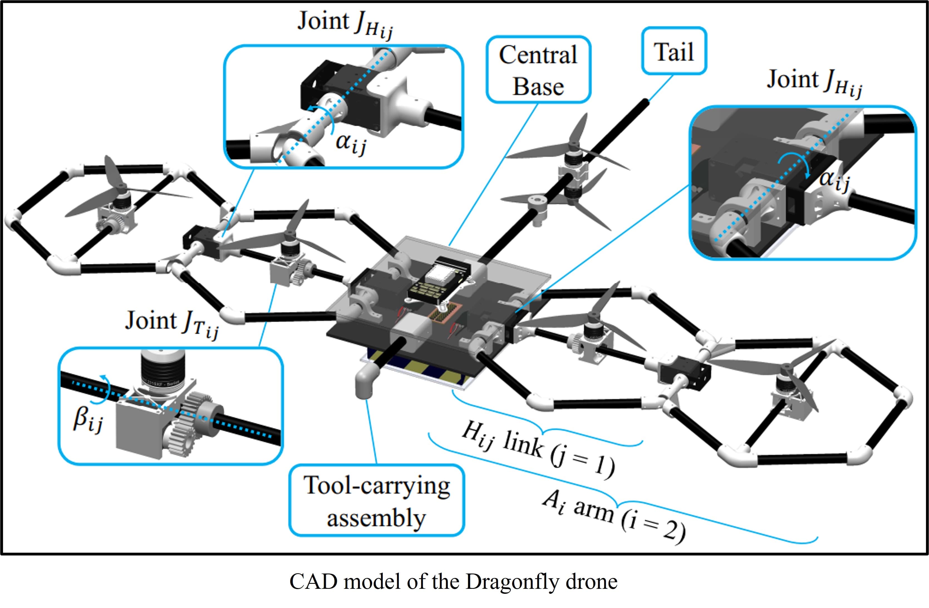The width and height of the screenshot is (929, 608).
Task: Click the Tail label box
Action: pos(674,51)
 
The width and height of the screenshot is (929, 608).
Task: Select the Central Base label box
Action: pos(538,70)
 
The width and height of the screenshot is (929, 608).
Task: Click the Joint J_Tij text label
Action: pos(172,323)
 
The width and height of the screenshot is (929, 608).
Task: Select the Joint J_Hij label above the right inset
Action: pos(814,82)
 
